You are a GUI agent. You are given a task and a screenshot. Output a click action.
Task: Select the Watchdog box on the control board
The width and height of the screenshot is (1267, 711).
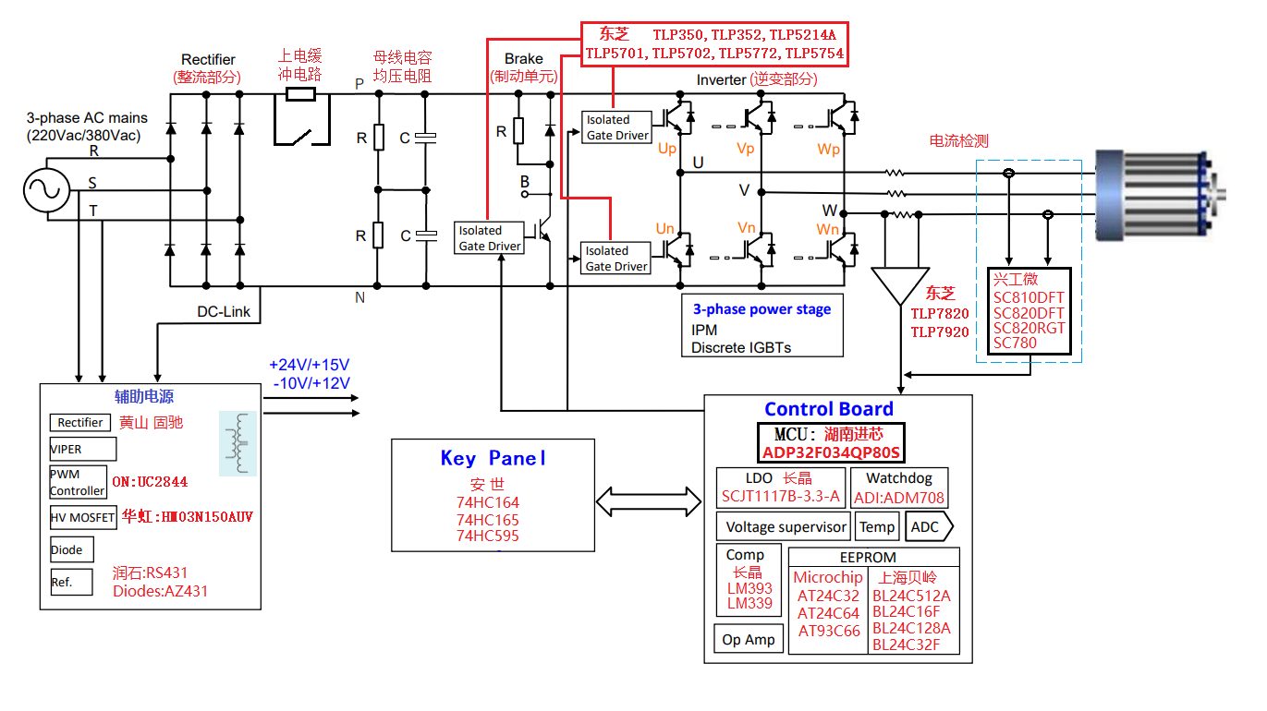pyautogui.click(x=898, y=488)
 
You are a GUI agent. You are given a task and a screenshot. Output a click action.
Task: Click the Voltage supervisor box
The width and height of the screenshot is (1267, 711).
pyautogui.click(x=786, y=527)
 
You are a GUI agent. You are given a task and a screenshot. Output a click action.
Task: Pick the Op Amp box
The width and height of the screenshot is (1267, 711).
pyautogui.click(x=749, y=639)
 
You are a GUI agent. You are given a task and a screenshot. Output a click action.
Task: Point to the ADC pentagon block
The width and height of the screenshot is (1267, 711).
pyautogui.click(x=928, y=527)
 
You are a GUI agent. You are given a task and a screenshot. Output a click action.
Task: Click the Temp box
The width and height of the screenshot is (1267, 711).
pyautogui.click(x=877, y=527)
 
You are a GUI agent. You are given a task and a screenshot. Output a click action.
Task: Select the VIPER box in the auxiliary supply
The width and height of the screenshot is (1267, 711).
pyautogui.click(x=82, y=449)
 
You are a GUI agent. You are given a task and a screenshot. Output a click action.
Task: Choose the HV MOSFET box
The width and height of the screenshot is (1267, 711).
pyautogui.click(x=83, y=518)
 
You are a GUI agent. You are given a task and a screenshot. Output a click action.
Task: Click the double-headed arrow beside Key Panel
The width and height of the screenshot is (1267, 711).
pyautogui.click(x=650, y=502)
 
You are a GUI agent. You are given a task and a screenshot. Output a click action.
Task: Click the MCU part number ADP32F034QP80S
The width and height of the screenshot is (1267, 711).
pyautogui.click(x=831, y=452)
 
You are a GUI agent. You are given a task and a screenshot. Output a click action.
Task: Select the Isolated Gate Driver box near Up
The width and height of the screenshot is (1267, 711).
pyautogui.click(x=616, y=127)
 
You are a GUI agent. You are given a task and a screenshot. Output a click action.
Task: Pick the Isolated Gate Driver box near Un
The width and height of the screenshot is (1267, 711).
pyautogui.click(x=616, y=259)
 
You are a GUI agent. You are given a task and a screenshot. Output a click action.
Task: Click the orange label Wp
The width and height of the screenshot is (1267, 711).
pyautogui.click(x=829, y=148)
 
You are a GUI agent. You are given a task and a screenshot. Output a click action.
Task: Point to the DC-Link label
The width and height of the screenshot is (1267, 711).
pyautogui.click(x=224, y=312)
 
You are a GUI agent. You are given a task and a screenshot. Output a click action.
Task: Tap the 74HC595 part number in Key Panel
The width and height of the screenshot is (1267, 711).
pyautogui.click(x=488, y=536)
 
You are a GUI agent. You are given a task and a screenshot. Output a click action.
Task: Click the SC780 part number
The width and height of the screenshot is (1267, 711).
pyautogui.click(x=1015, y=343)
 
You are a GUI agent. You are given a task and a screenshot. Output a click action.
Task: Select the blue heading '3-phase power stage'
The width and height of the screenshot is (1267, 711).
pyautogui.click(x=762, y=309)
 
